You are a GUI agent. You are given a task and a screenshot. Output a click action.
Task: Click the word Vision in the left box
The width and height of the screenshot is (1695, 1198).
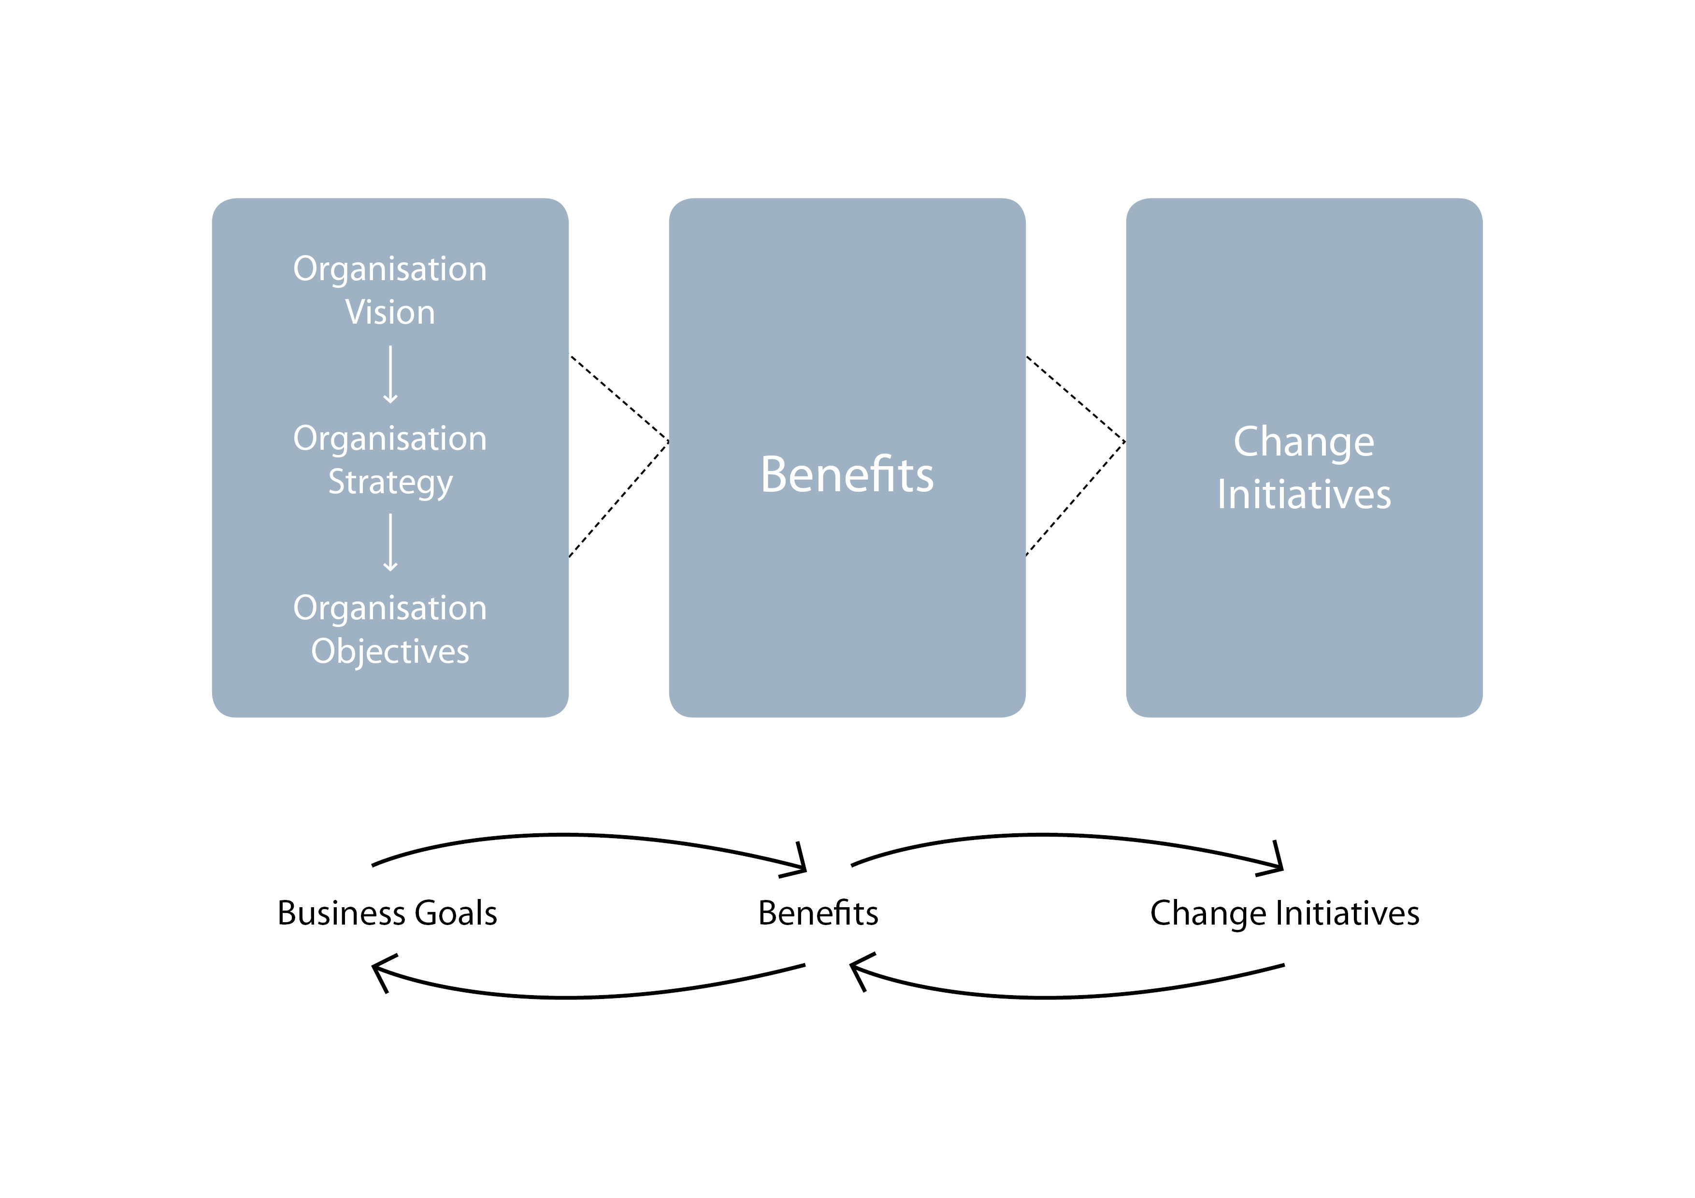point(390,312)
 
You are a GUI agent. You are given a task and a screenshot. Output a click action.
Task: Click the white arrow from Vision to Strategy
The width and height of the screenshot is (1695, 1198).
point(390,374)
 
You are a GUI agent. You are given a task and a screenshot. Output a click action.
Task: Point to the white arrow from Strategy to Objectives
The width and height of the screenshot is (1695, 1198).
point(390,542)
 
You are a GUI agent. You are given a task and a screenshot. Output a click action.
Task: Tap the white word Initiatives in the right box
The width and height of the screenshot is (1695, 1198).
point(1304,495)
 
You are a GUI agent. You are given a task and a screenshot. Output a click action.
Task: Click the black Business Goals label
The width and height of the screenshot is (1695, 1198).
point(387,913)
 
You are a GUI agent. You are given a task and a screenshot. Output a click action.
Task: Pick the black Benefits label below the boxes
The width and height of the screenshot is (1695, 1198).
point(818,913)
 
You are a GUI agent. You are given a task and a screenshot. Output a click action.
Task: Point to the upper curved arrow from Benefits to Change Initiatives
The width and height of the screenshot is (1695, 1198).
point(1049,835)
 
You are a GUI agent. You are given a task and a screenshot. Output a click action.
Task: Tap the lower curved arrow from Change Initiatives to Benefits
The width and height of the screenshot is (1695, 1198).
point(1049,997)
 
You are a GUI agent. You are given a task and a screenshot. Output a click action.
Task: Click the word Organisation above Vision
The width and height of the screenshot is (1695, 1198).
point(390,270)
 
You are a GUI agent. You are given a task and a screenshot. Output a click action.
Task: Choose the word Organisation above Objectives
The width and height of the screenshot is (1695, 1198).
point(390,610)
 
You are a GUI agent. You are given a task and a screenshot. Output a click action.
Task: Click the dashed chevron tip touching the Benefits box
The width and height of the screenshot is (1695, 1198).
point(668,442)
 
